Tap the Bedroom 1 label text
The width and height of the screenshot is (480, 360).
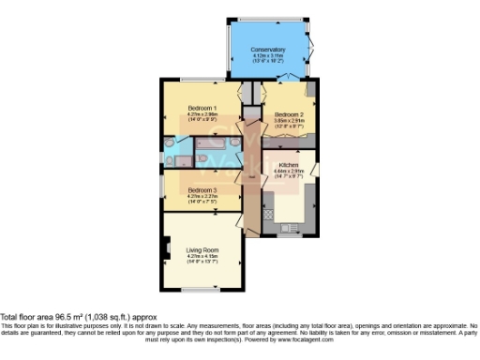click(202, 108)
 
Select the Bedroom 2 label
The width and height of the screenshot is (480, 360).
click(288, 114)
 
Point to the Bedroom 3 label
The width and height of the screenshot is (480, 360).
click(202, 190)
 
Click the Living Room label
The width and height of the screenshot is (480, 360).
click(202, 249)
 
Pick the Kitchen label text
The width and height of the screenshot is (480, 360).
click(288, 166)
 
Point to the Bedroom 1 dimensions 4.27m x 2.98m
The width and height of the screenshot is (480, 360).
click(202, 115)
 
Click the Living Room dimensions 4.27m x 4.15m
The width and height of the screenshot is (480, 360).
click(202, 256)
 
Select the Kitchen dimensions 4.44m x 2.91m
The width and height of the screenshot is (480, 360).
click(288, 172)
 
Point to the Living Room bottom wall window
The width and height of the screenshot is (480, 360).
click(202, 289)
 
